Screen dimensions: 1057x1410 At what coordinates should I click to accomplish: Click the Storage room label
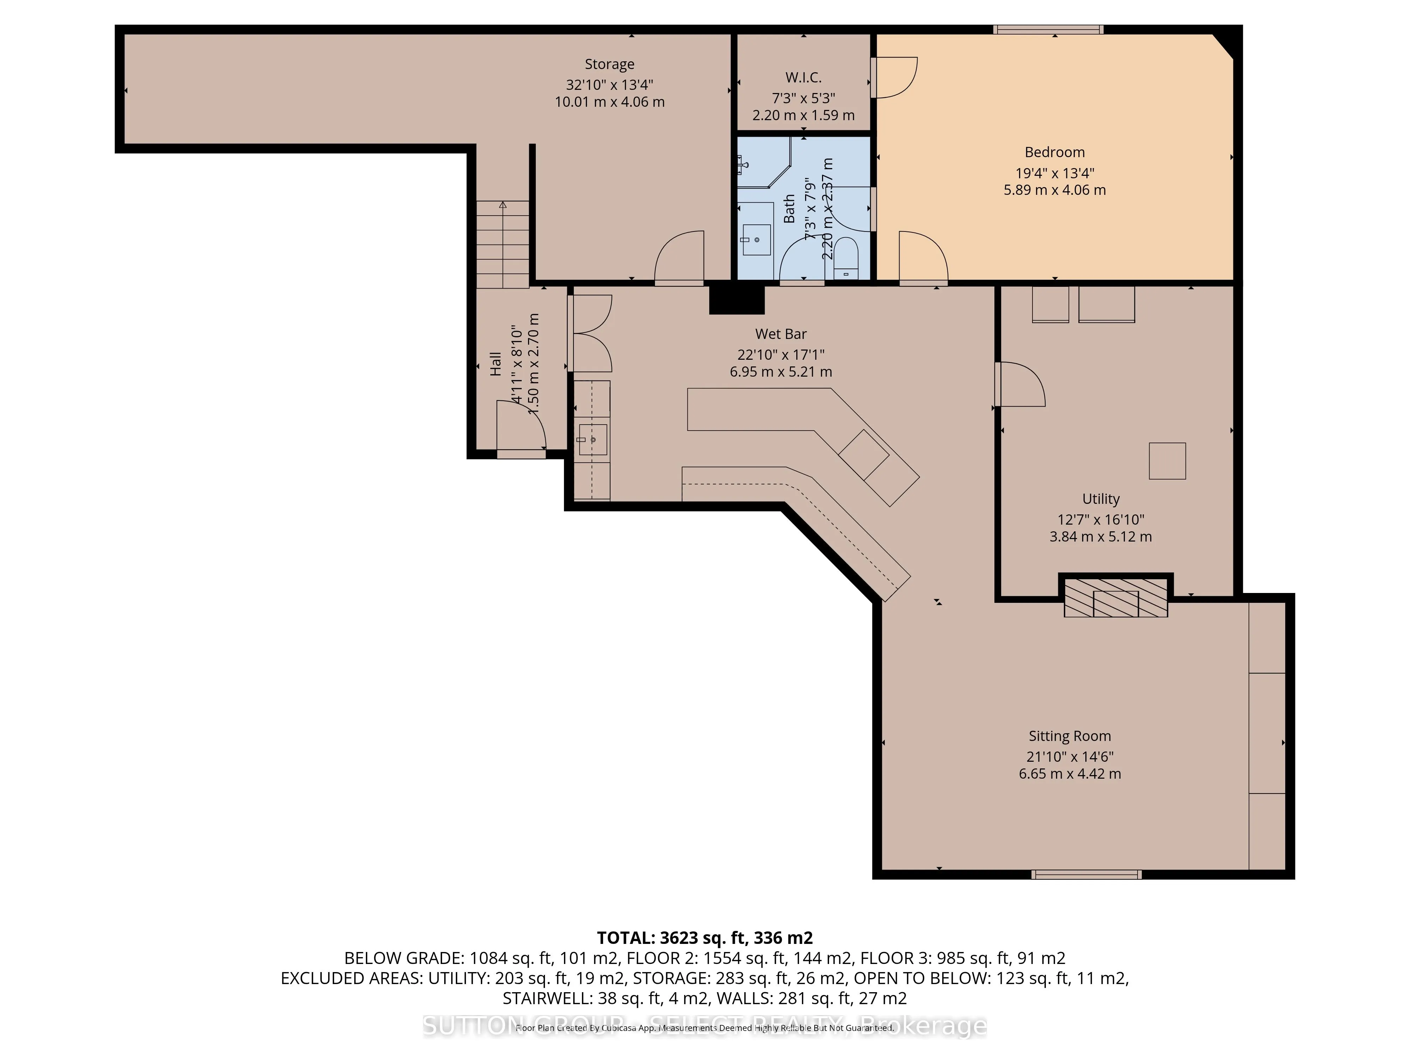(x=609, y=64)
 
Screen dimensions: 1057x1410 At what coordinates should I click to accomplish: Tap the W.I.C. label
(x=803, y=78)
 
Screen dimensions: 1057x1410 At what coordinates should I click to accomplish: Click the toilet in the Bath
(x=846, y=258)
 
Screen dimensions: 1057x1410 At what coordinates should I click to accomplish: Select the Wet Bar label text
(x=781, y=334)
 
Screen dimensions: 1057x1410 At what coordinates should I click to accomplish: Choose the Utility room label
(x=1101, y=499)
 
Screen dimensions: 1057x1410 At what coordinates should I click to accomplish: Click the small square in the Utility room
(x=1167, y=460)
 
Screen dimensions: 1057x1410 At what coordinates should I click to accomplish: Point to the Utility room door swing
(x=1020, y=384)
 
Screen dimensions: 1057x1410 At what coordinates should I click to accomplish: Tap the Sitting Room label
(x=1069, y=736)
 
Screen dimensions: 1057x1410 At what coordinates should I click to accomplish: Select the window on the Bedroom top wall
(x=1049, y=29)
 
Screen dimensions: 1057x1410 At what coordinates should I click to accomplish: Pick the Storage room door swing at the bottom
(x=680, y=258)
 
